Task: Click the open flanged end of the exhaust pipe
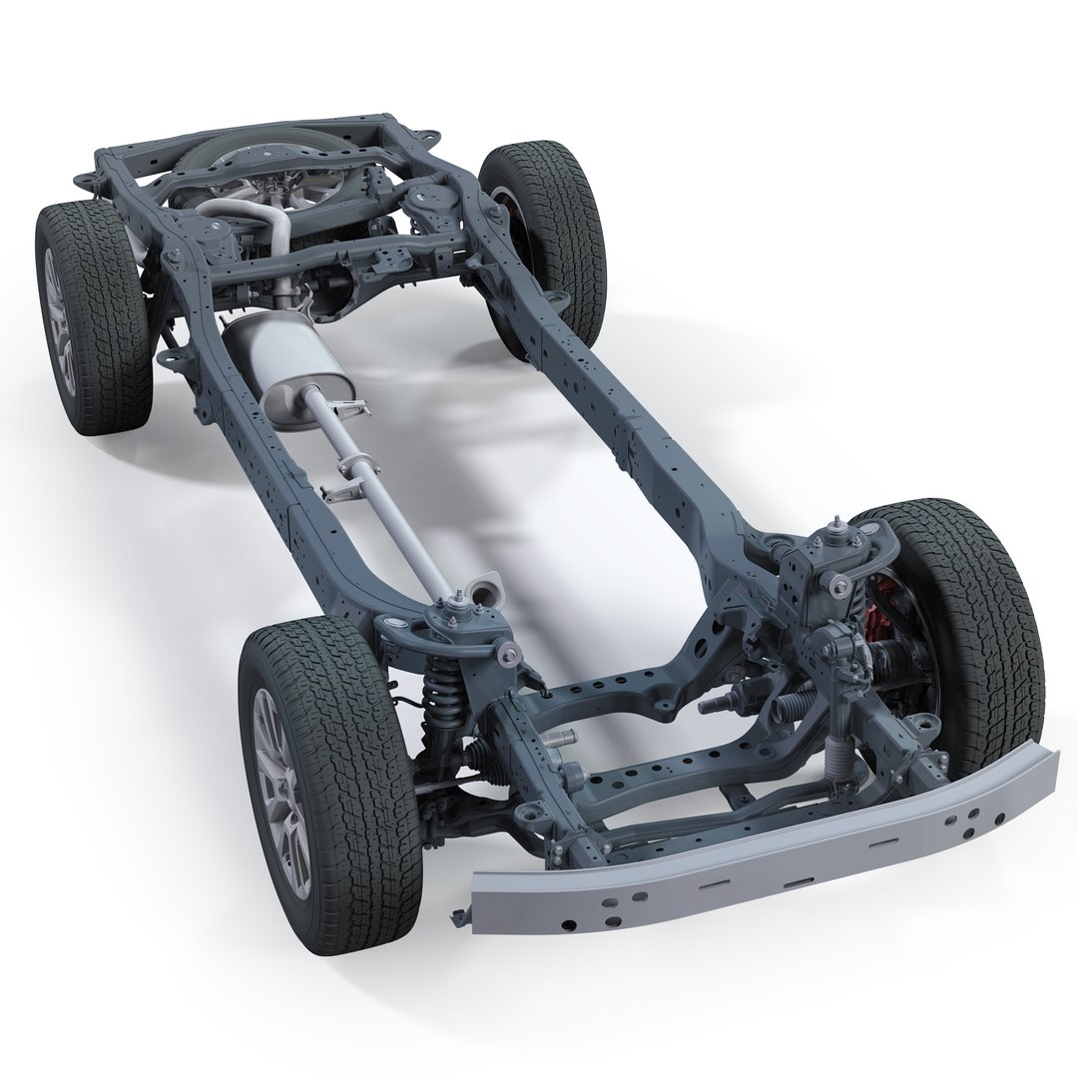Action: [486, 589]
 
